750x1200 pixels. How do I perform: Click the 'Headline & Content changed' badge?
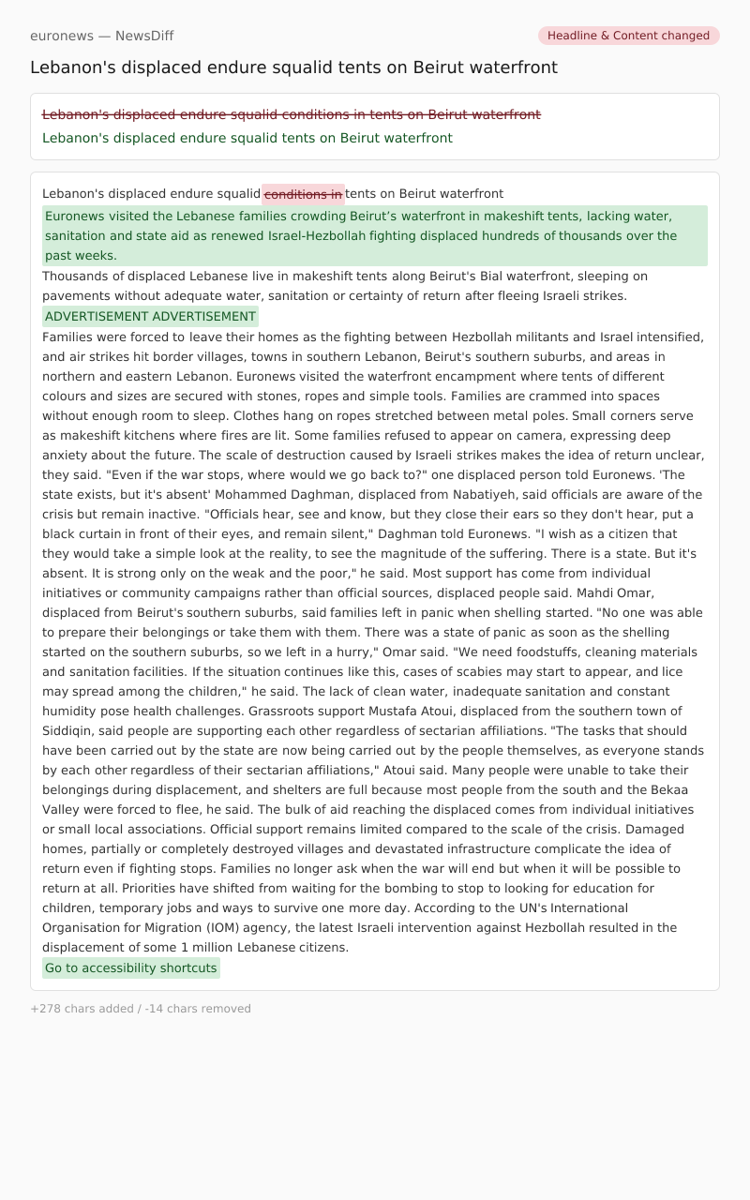[x=628, y=36]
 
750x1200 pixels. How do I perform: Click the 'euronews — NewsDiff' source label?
[x=101, y=36]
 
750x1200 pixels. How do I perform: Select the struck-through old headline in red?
[x=291, y=114]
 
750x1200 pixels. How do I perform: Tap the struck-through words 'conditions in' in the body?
[x=303, y=194]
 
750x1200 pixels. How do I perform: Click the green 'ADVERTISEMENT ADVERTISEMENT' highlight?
[x=150, y=317]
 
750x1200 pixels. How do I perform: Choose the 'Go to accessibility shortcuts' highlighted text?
[x=130, y=968]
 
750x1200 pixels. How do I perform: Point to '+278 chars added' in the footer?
[x=82, y=1009]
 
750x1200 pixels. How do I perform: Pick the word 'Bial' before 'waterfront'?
[x=492, y=277]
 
